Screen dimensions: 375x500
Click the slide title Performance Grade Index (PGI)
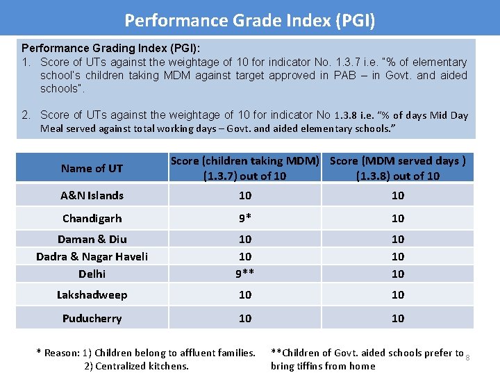click(x=250, y=20)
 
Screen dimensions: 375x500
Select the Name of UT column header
click(x=92, y=168)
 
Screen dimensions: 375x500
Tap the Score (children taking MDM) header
click(x=244, y=168)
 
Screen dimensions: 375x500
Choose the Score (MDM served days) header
click(x=397, y=168)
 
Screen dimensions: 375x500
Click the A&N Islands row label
click(x=92, y=196)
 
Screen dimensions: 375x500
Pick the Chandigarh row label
click(x=92, y=218)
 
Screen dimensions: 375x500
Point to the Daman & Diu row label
click(x=92, y=239)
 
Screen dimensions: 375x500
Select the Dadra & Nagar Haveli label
click(x=92, y=256)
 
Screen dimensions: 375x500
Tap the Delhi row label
click(x=92, y=274)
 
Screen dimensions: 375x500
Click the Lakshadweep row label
click(x=92, y=295)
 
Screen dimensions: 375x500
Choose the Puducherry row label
click(x=92, y=319)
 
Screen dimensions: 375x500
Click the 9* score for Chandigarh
click(x=245, y=218)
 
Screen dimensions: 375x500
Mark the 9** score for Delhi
click(x=245, y=274)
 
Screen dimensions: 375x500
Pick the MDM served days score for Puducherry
click(x=398, y=319)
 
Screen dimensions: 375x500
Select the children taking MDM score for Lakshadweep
click(x=245, y=295)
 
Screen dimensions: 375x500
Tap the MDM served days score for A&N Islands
click(x=398, y=196)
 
